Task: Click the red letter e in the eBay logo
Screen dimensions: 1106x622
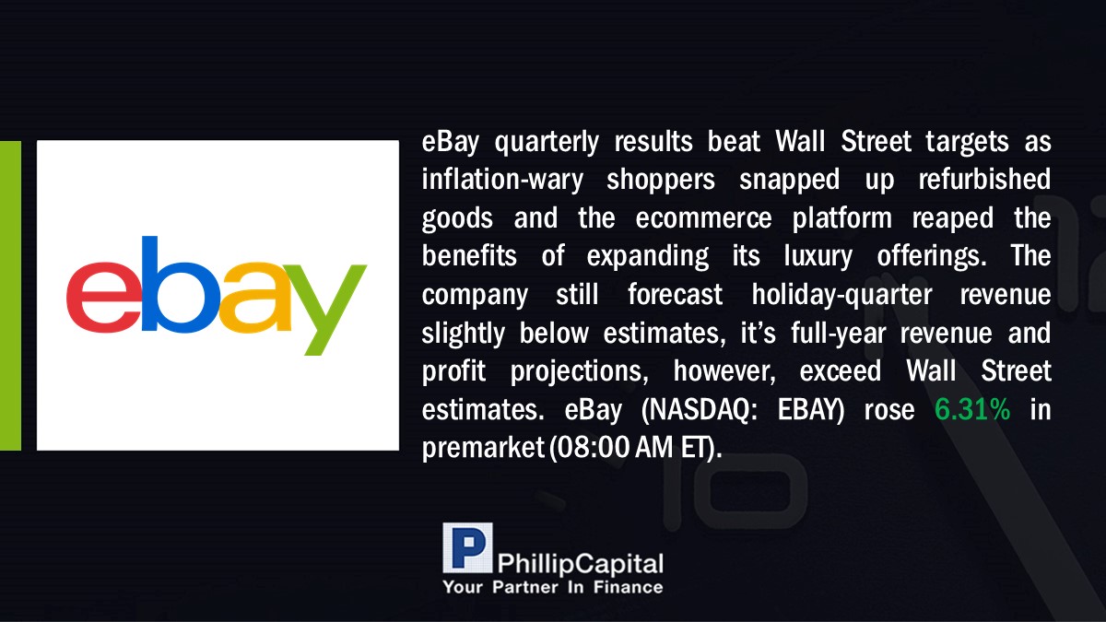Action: click(x=103, y=297)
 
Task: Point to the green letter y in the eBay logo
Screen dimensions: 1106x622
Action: click(x=324, y=310)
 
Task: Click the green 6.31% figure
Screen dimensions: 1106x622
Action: click(x=972, y=409)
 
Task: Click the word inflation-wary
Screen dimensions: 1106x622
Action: click(x=502, y=179)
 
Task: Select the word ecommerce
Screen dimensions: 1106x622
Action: click(x=703, y=218)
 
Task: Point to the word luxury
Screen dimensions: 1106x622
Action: click(x=818, y=257)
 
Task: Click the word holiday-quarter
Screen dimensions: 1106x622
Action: click(x=841, y=295)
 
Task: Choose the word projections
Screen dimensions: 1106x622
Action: click(x=579, y=372)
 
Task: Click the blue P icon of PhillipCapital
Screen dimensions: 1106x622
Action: click(x=467, y=547)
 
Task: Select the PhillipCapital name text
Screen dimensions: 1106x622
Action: click(x=580, y=564)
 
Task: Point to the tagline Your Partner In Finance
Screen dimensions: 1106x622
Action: click(x=553, y=588)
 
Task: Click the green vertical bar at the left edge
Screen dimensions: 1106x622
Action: click(x=10, y=296)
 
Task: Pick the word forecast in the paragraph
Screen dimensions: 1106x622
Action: click(x=675, y=295)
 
